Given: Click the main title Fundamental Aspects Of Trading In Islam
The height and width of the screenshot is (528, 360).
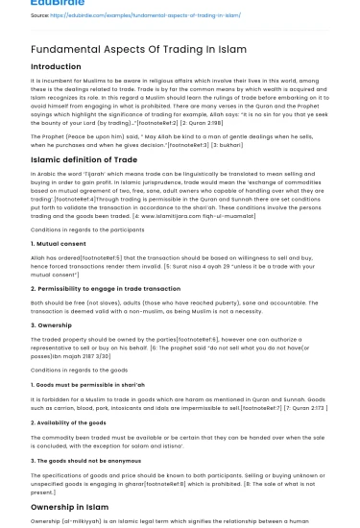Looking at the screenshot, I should [x=138, y=48].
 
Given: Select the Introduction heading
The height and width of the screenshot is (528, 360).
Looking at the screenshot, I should [x=56, y=67].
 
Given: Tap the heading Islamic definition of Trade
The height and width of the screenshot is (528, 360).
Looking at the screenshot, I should [x=84, y=159].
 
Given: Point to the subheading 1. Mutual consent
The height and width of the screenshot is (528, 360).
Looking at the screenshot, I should [x=59, y=244].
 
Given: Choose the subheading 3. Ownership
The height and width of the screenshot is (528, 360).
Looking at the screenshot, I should [x=53, y=324].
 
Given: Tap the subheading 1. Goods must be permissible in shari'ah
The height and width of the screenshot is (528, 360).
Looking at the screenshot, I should [x=88, y=384].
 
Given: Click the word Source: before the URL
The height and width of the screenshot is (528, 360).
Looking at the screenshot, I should [x=40, y=16].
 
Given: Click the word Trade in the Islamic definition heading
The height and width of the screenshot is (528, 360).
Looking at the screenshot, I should [x=125, y=159].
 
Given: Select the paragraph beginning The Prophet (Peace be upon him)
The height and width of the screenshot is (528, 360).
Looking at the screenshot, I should [x=173, y=141].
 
